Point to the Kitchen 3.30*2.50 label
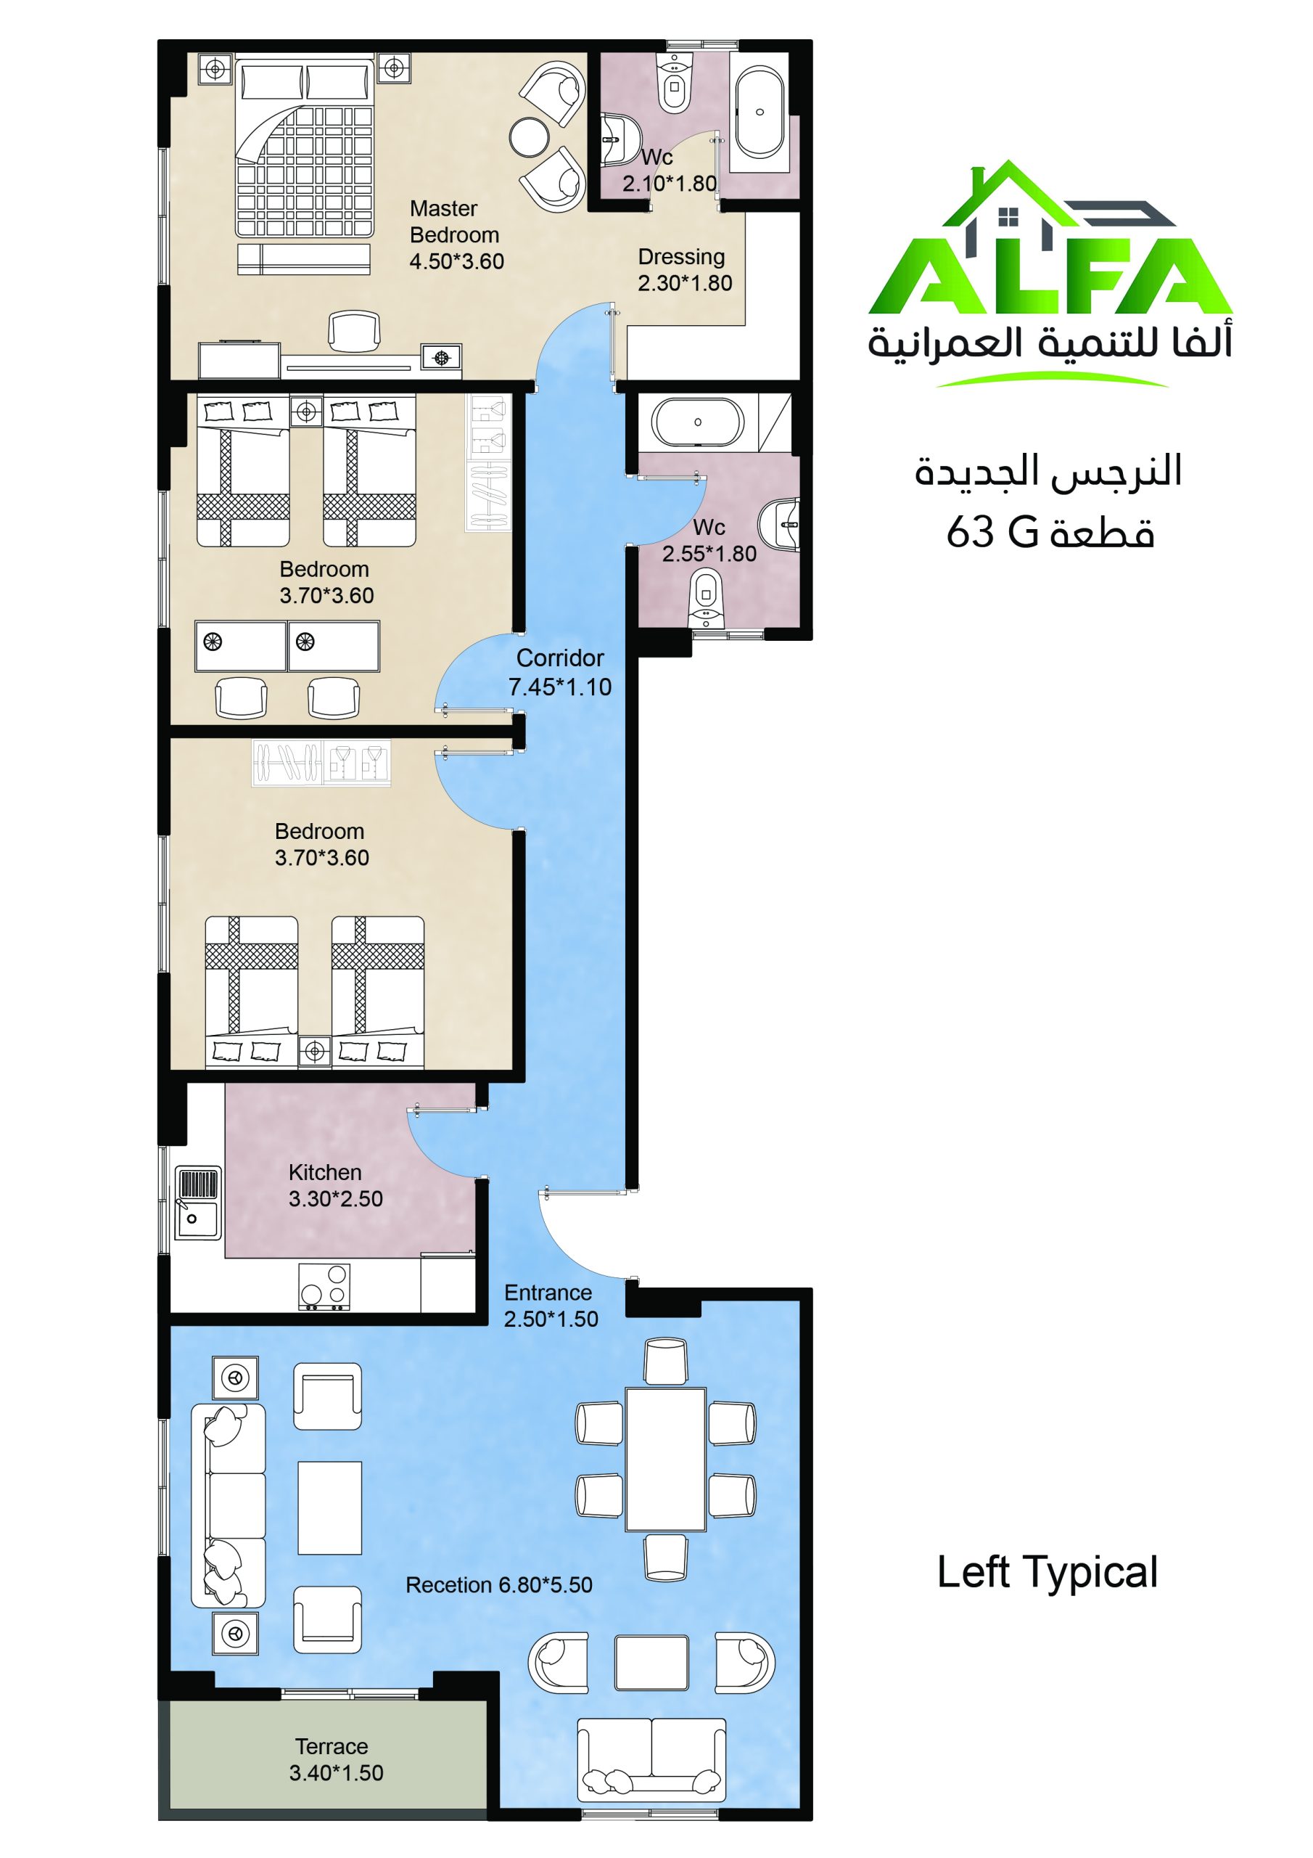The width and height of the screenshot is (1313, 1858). (336, 1185)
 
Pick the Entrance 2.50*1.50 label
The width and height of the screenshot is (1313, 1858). (551, 1305)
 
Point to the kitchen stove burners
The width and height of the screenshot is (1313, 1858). (324, 1287)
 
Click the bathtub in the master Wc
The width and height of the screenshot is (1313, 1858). (760, 113)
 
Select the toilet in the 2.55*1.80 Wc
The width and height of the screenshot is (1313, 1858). (707, 598)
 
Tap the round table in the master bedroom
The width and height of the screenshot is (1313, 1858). (530, 138)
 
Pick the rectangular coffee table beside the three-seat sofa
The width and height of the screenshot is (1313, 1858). (329, 1507)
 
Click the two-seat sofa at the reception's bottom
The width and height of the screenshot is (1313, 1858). (651, 1761)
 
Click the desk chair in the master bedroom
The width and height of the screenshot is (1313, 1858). (353, 332)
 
